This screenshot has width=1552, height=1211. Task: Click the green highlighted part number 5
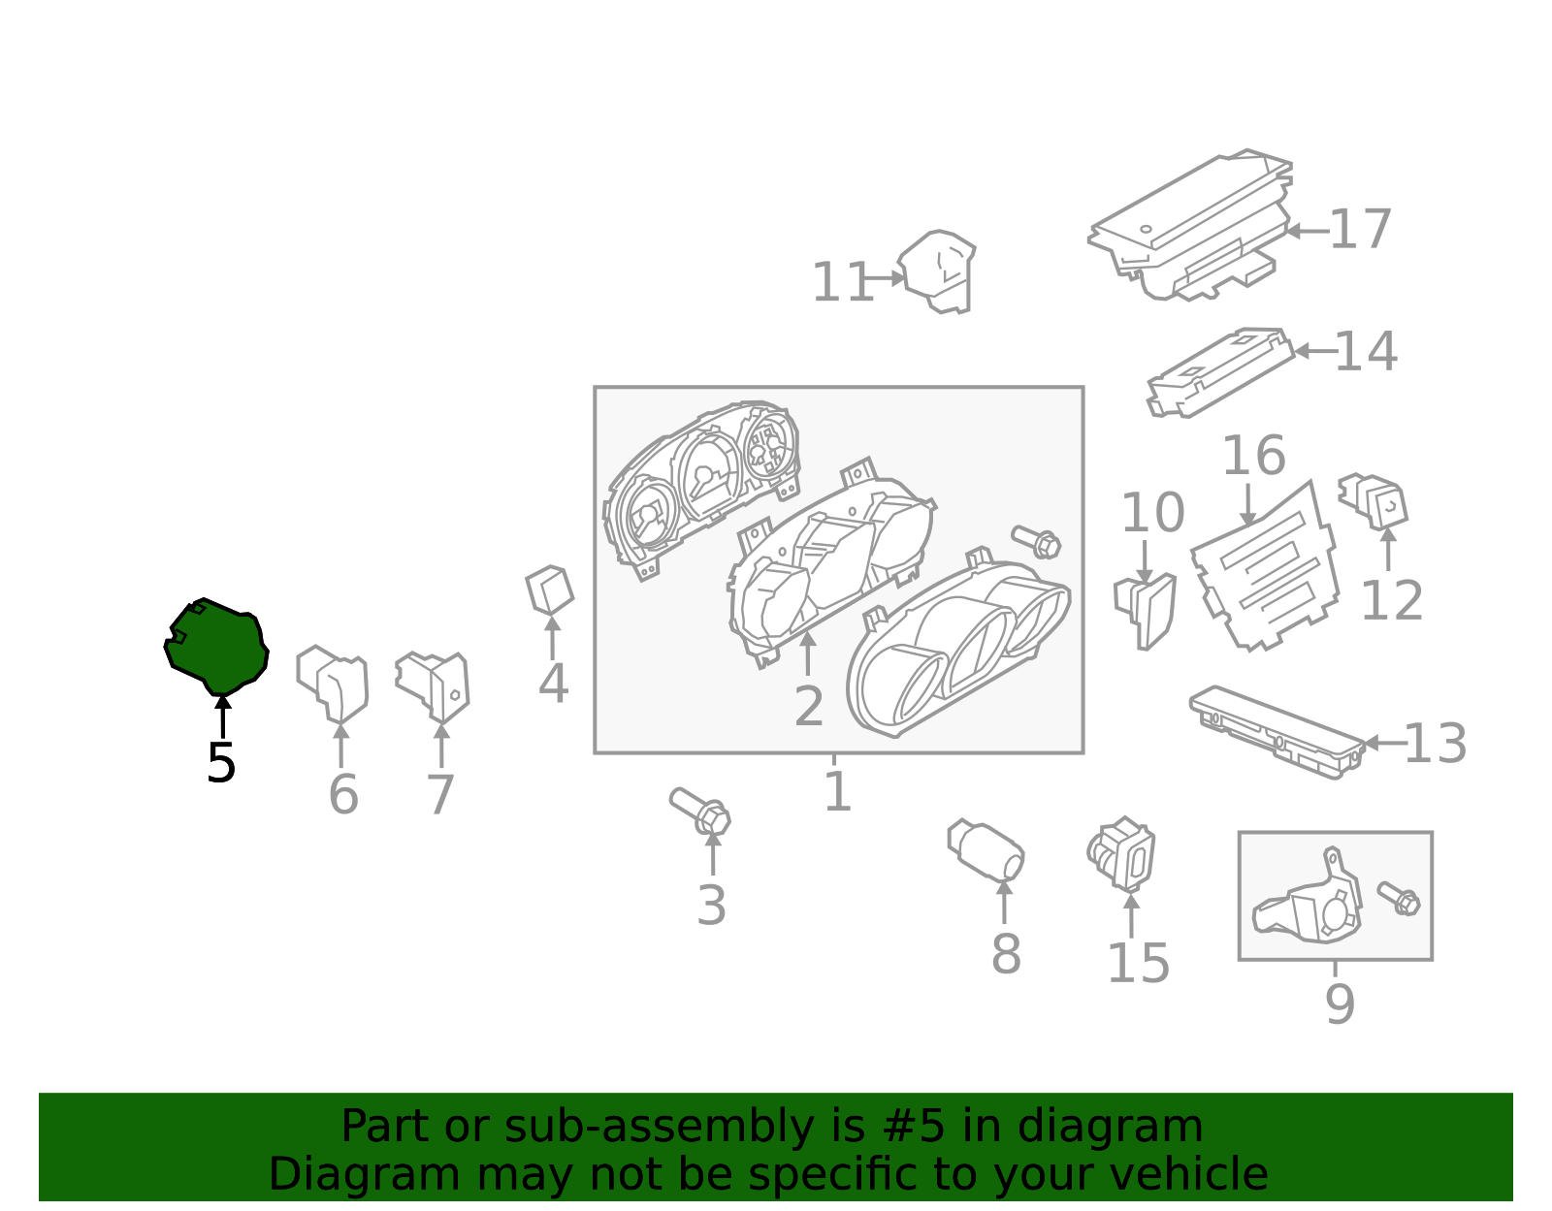pyautogui.click(x=216, y=647)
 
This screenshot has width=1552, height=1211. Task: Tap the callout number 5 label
pyautogui.click(x=221, y=764)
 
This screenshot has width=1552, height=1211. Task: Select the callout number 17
pyautogui.click(x=1361, y=229)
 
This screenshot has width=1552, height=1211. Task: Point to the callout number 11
pyautogui.click(x=843, y=282)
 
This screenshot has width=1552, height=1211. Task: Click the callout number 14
pyautogui.click(x=1366, y=351)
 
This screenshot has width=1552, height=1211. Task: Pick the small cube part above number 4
pyautogui.click(x=550, y=590)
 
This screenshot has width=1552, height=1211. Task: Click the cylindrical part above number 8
pyautogui.click(x=986, y=849)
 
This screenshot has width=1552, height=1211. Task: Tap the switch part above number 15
pyautogui.click(x=1120, y=854)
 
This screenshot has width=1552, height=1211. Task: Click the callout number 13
pyautogui.click(x=1436, y=744)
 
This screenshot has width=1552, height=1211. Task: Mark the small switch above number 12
pyautogui.click(x=1374, y=501)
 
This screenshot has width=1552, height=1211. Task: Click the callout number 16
pyautogui.click(x=1254, y=456)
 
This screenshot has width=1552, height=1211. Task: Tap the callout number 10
pyautogui.click(x=1152, y=512)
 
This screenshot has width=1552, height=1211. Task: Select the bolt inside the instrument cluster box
pyautogui.click(x=1036, y=543)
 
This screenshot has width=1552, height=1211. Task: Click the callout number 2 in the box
pyautogui.click(x=809, y=707)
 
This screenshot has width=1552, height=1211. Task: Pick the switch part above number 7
pyautogui.click(x=433, y=685)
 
